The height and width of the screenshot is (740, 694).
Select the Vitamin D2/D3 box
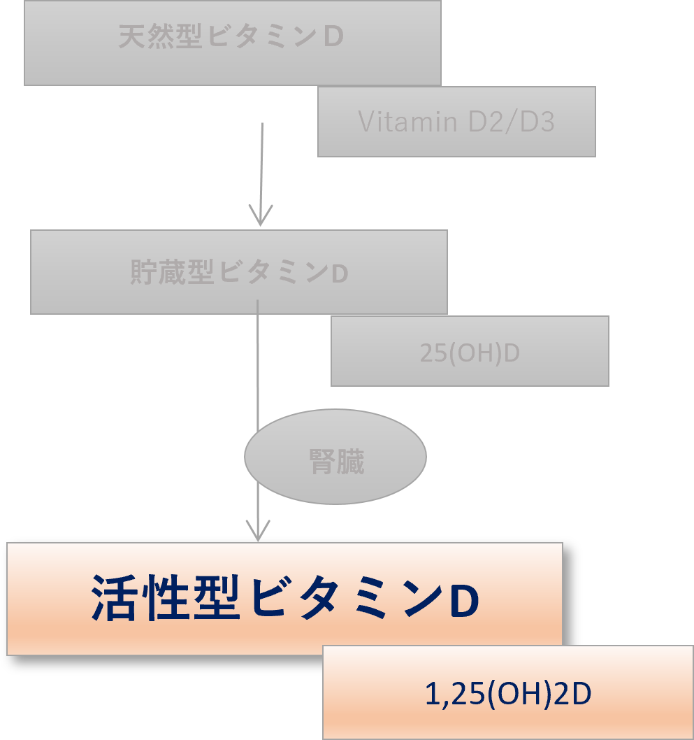coord(456,122)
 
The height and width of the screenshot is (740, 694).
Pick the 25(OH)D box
coord(470,351)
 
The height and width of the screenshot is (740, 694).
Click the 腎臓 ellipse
coord(335,457)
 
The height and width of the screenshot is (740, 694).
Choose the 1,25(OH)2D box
coord(508,693)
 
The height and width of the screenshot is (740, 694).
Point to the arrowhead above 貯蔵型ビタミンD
coord(261,215)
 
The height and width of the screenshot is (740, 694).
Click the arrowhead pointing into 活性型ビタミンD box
coord(259,531)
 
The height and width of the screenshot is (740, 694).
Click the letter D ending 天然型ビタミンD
coord(334,38)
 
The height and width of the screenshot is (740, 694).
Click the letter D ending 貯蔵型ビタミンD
coord(339,273)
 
